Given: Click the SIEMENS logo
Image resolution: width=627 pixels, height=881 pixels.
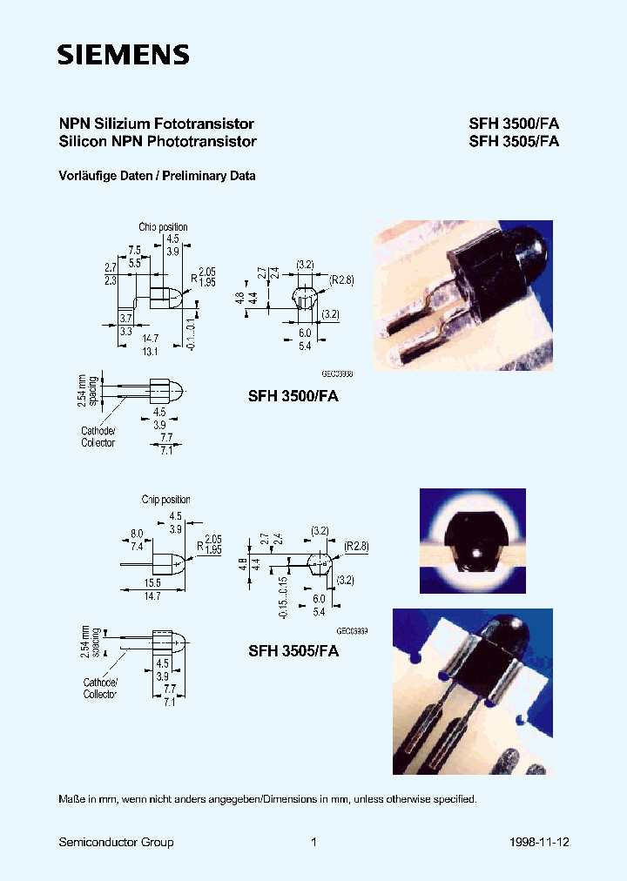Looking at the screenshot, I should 123,56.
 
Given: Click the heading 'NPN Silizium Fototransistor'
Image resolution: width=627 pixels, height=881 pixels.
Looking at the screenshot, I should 156,124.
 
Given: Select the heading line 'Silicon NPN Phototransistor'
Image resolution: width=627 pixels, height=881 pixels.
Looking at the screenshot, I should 157,141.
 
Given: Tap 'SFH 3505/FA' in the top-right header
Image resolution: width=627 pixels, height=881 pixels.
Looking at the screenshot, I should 513,141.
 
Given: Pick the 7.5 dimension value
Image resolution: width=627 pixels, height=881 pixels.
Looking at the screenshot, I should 134,248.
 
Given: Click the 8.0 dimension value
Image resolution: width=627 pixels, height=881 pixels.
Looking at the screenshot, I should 136,534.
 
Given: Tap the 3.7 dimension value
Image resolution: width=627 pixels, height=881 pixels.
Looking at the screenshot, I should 125,319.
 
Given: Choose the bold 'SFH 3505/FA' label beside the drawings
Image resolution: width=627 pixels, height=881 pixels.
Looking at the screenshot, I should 293,650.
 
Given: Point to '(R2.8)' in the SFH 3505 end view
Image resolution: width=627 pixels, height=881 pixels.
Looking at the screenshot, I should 355,546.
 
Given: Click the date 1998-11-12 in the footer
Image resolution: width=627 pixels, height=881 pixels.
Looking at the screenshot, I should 539,842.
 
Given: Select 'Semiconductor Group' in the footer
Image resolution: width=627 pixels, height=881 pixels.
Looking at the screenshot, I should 116,842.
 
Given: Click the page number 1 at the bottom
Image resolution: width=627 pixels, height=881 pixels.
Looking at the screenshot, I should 313,842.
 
